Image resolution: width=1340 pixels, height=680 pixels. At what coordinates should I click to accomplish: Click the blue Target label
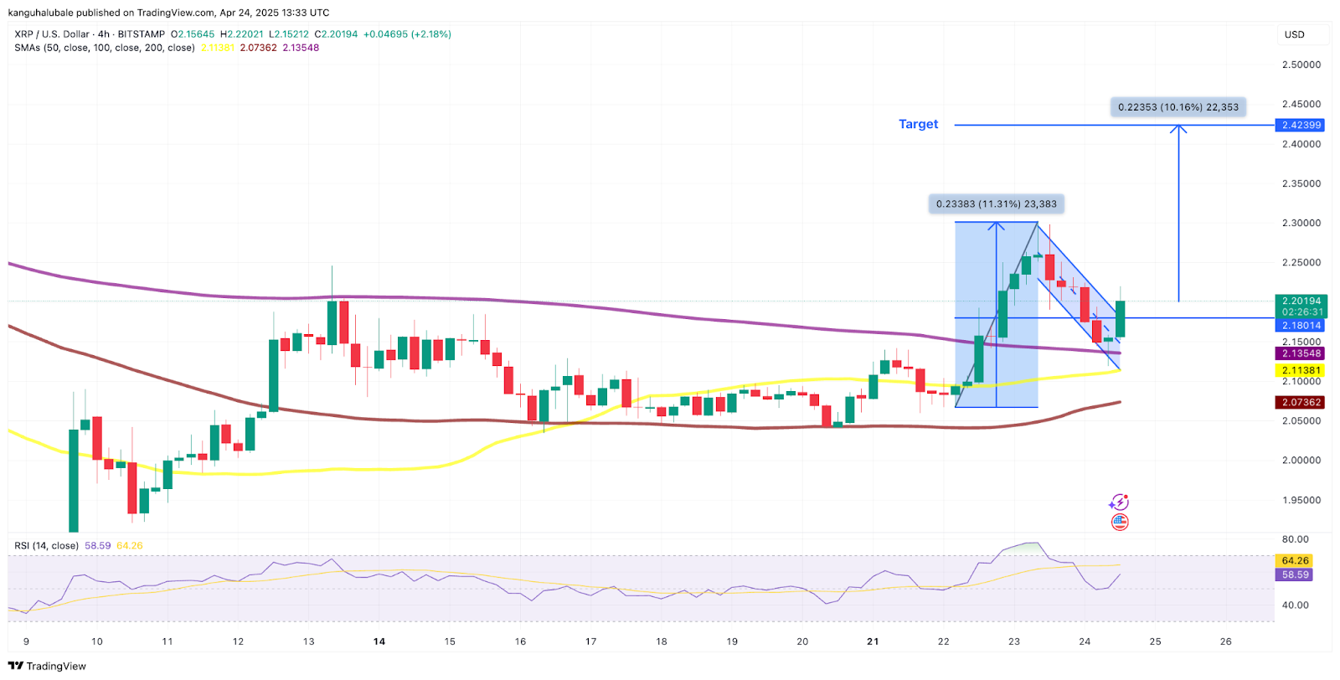coord(918,124)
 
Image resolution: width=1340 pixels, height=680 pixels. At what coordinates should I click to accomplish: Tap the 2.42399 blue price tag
coord(1301,125)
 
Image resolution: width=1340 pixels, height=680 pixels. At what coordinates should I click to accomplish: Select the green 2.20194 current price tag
coord(1301,301)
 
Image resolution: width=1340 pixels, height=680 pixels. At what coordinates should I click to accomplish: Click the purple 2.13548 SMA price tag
coord(1301,353)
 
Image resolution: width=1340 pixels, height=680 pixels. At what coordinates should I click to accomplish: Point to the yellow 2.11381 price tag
coord(1301,370)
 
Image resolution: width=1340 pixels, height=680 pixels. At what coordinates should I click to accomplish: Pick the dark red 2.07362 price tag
coord(1301,402)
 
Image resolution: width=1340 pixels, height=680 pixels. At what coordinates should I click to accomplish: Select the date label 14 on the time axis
coord(379,641)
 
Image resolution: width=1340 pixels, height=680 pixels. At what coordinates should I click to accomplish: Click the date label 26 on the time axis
coord(1225,641)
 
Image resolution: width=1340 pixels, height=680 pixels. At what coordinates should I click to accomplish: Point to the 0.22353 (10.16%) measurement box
coord(1178,107)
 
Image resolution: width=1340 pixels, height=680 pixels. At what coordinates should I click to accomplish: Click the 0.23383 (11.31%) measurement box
coord(996,203)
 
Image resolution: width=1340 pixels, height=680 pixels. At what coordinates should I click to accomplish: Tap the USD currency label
coord(1294,34)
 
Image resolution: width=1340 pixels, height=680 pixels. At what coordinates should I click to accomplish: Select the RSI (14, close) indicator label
coord(46,546)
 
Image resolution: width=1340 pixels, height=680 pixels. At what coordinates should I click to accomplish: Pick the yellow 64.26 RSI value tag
coord(1295,560)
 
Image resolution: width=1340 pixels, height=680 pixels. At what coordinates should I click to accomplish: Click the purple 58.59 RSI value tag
coord(1295,574)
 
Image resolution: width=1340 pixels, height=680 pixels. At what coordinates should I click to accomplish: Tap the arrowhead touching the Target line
coord(1178,129)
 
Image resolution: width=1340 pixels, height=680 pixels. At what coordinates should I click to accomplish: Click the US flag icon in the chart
coord(1120,523)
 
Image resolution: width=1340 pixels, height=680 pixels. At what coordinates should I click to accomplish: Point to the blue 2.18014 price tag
coord(1301,325)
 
